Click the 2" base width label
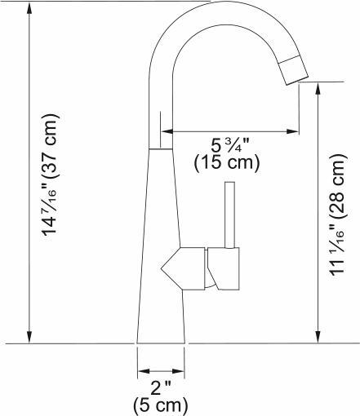pyautogui.click(x=161, y=387)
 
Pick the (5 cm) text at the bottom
pyautogui.click(x=161, y=404)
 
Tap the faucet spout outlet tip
pyautogui.click(x=292, y=73)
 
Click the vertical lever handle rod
pyautogui.click(x=229, y=214)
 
